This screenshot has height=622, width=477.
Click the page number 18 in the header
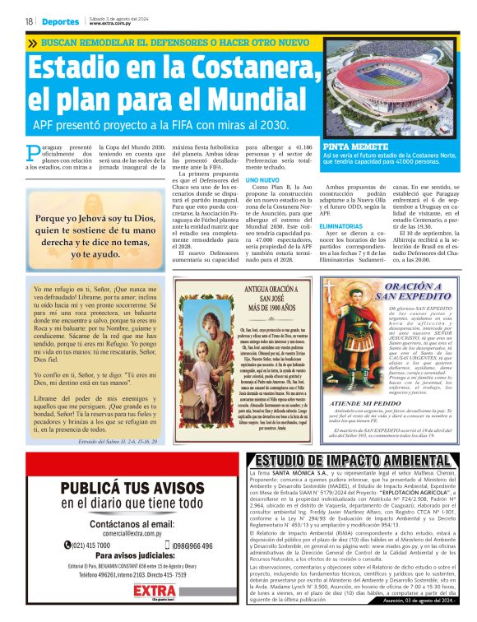(29, 21)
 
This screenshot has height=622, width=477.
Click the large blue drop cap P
(33, 152)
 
